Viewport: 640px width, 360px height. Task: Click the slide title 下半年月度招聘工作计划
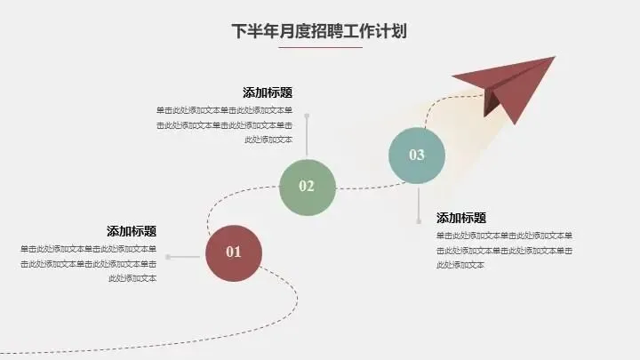pyautogui.click(x=319, y=31)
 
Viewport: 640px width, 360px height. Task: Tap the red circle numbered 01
pyautogui.click(x=234, y=252)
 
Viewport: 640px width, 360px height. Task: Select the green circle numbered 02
pyautogui.click(x=307, y=186)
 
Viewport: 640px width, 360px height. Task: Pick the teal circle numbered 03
pyautogui.click(x=417, y=156)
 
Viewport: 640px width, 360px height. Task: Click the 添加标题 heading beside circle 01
pyautogui.click(x=132, y=231)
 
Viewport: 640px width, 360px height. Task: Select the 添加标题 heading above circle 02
pyautogui.click(x=268, y=92)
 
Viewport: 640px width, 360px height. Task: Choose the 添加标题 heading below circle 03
pyautogui.click(x=461, y=218)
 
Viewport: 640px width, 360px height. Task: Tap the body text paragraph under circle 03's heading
pyautogui.click(x=504, y=250)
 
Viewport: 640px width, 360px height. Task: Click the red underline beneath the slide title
pyautogui.click(x=319, y=47)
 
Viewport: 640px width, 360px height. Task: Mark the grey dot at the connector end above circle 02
pyautogui.click(x=307, y=116)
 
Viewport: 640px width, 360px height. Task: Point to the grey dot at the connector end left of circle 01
pyautogui.click(x=168, y=257)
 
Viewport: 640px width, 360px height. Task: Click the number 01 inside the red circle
pyautogui.click(x=234, y=252)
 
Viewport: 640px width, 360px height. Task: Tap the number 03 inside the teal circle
pyautogui.click(x=417, y=156)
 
